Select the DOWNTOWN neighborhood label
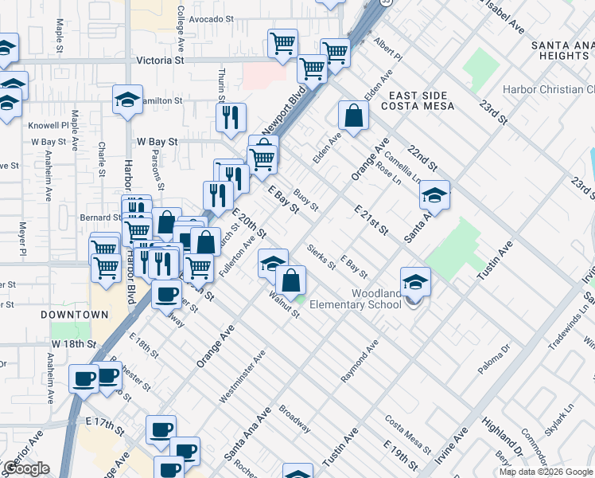click(75, 315)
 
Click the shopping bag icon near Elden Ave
click(352, 116)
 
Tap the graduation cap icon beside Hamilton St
click(127, 100)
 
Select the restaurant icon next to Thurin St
click(231, 118)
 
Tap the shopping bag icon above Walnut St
click(292, 280)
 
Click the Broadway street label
click(294, 419)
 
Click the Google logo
click(27, 468)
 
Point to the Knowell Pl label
click(49, 126)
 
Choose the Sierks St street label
click(321, 257)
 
